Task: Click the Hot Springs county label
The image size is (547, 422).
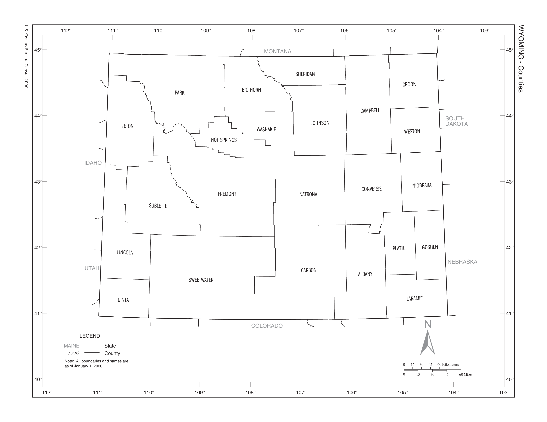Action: click(x=224, y=140)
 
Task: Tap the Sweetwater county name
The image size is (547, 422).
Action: click(x=201, y=280)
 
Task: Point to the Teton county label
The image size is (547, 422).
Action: click(x=127, y=126)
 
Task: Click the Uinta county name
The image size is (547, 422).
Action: click(x=123, y=300)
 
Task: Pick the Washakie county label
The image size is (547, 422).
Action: click(x=266, y=130)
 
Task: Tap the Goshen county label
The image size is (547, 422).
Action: click(x=430, y=247)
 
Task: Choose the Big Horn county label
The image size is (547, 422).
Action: click(x=251, y=90)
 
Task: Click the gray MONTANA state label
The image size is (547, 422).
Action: click(x=277, y=51)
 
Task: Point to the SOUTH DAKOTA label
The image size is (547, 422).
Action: click(x=456, y=121)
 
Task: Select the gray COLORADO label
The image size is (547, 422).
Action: click(x=267, y=326)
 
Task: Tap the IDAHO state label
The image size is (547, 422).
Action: click(x=93, y=163)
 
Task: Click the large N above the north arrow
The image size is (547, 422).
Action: click(x=427, y=324)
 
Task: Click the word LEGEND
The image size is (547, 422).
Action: click(x=90, y=336)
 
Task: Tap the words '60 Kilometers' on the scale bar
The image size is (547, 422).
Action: click(x=448, y=365)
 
